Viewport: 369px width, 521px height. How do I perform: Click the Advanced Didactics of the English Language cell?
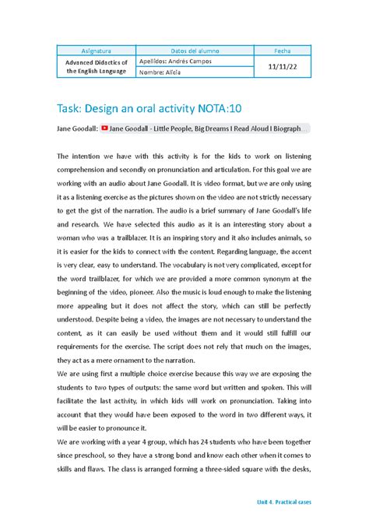(97, 67)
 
